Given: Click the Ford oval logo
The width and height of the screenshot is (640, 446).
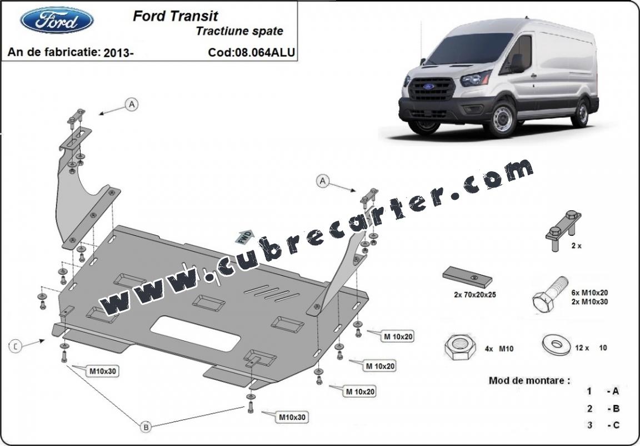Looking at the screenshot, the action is (57, 20).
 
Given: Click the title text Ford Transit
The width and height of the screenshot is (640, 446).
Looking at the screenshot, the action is (176, 16).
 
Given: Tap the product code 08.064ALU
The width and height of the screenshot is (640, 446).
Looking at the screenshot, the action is (264, 52).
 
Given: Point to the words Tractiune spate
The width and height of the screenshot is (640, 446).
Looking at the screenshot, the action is (239, 31).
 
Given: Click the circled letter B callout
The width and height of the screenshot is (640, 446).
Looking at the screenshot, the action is (146, 427).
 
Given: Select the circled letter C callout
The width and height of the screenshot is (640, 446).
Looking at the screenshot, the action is (15, 346).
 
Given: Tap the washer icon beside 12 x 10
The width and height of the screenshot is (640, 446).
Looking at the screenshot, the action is (556, 345).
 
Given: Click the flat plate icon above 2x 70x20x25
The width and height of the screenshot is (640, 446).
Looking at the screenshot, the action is (467, 277).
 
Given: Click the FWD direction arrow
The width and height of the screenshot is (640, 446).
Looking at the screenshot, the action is (244, 237).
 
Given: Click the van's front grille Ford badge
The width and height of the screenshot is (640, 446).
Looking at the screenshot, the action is (428, 86).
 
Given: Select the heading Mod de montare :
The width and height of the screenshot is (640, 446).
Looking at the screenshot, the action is (529, 380).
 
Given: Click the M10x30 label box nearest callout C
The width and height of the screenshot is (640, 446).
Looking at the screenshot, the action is (103, 371).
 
